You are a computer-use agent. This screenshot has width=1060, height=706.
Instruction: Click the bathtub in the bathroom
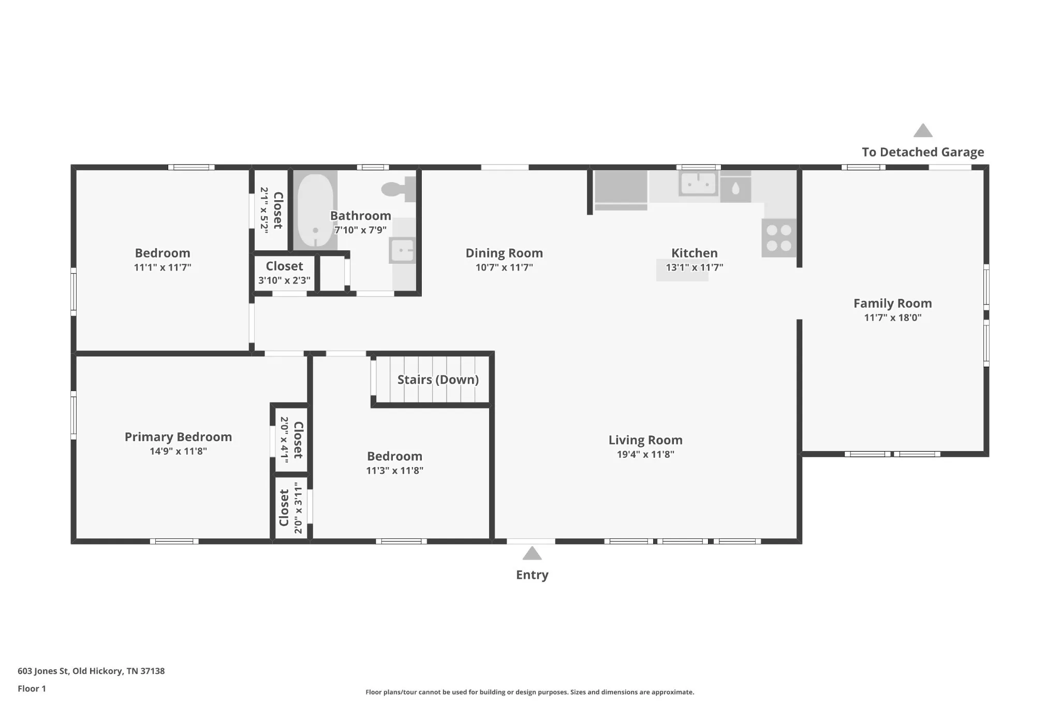click(x=315, y=211)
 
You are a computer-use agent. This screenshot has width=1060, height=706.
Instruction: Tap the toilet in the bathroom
click(x=399, y=189)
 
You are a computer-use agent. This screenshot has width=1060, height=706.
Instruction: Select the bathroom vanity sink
click(x=402, y=250)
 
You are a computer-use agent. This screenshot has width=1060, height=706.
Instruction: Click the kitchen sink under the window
click(x=698, y=183)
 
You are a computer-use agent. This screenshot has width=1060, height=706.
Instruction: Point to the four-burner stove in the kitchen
click(x=778, y=238)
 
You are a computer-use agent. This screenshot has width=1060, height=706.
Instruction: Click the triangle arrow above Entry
click(x=532, y=553)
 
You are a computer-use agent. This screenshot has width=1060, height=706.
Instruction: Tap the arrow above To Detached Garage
click(x=923, y=130)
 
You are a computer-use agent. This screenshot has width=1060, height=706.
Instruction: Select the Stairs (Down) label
click(x=438, y=380)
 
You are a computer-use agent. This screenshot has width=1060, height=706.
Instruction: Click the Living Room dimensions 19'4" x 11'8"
click(x=645, y=454)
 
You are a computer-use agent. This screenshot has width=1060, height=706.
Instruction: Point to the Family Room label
click(x=893, y=303)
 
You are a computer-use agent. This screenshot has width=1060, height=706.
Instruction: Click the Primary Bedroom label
click(x=178, y=437)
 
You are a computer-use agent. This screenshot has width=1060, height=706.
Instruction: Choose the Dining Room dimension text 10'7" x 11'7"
click(x=504, y=267)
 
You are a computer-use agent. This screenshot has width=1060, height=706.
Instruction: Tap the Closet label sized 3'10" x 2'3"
click(x=284, y=266)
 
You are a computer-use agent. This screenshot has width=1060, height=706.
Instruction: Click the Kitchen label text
click(x=695, y=253)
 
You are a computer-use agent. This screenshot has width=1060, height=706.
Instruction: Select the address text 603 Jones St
click(x=43, y=671)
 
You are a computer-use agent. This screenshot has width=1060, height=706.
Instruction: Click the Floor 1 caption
click(x=32, y=688)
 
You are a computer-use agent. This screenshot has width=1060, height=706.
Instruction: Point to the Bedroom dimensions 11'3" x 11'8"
click(x=394, y=470)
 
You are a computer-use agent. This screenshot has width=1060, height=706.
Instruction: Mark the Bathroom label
click(x=361, y=216)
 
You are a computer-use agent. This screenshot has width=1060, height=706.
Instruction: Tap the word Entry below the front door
click(x=532, y=575)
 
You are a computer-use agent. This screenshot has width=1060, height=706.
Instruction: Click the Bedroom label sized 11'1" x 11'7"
click(x=163, y=253)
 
